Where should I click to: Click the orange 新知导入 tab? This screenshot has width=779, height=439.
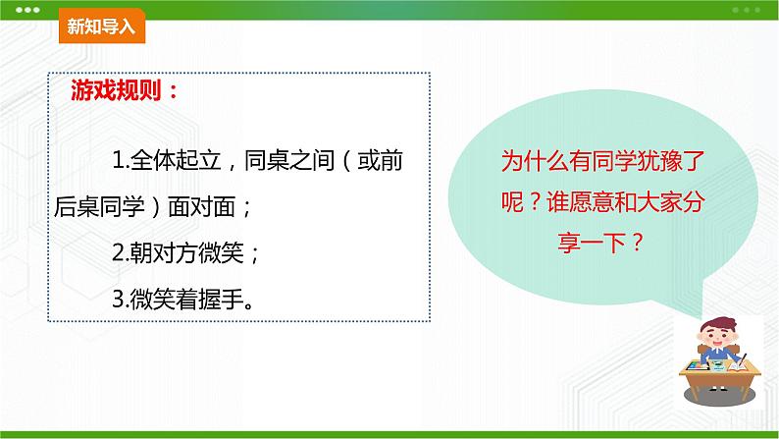point(102,26)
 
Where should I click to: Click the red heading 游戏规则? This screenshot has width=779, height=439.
point(116,90)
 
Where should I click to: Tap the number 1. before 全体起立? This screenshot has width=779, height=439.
point(121,160)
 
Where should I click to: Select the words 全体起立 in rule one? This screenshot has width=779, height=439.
point(176,160)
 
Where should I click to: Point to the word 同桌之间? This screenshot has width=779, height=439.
point(289,160)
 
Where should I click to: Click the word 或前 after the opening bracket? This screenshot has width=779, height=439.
point(380,160)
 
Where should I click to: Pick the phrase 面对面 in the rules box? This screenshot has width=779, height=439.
point(201,206)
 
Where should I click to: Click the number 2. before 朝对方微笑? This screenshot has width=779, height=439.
point(121,253)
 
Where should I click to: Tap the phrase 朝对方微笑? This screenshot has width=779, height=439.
point(186,253)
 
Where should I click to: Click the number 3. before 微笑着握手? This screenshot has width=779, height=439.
point(121,300)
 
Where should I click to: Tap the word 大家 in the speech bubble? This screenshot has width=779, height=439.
point(659,202)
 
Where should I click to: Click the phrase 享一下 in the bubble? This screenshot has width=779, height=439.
point(592,243)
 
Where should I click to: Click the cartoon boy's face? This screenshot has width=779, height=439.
point(716,337)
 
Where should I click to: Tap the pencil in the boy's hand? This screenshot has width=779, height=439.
point(743,361)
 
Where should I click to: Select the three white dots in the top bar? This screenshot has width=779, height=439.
point(27,10)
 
